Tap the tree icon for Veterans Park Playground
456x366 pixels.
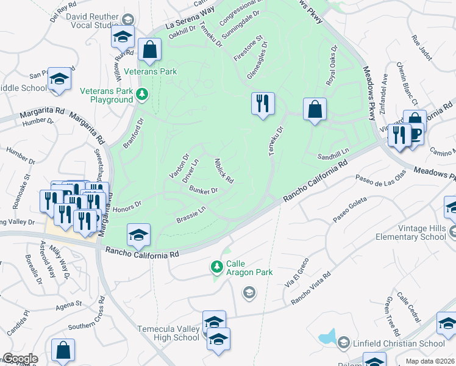pos(141,94)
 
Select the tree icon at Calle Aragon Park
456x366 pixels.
pos(216,267)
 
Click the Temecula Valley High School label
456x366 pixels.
pos(168,332)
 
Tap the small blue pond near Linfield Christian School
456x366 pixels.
pos(327,336)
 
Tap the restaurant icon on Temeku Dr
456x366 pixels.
pos(263,103)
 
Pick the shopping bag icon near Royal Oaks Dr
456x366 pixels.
pos(315,110)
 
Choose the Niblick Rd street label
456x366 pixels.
pos(224,170)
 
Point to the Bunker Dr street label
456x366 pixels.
pos(204,192)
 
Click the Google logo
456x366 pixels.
pos(20,359)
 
